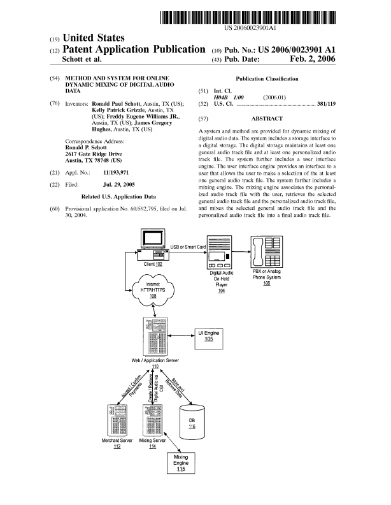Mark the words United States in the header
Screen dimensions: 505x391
(x=92, y=39)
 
